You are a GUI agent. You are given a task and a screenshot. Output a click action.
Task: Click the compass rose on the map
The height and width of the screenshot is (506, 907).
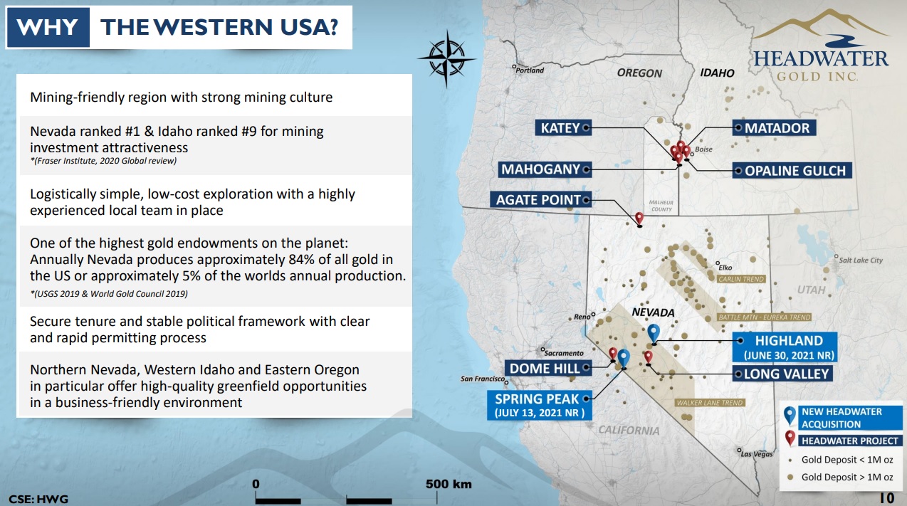pyautogui.click(x=446, y=59)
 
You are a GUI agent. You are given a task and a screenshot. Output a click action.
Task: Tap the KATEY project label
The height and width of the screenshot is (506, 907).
pyautogui.click(x=563, y=128)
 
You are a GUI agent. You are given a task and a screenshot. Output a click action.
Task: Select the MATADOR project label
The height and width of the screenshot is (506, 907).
pyautogui.click(x=774, y=128)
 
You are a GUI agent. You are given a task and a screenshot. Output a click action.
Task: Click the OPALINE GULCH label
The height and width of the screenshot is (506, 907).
pyautogui.click(x=792, y=170)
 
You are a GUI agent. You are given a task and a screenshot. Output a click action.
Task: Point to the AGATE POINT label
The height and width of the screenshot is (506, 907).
pyautogui.click(x=540, y=199)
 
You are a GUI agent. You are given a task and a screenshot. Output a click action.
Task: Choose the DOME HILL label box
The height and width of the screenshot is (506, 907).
pyautogui.click(x=547, y=369)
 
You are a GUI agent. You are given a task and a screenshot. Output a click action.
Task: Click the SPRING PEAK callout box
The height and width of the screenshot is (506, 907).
pyautogui.click(x=539, y=405)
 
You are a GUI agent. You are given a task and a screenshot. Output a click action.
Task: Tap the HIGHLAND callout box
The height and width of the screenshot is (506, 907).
pyautogui.click(x=785, y=347)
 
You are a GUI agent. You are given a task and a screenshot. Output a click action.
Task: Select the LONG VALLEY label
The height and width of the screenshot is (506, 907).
pyautogui.click(x=782, y=374)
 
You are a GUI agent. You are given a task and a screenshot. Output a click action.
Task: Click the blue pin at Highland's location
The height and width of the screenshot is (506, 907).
pyautogui.click(x=654, y=333)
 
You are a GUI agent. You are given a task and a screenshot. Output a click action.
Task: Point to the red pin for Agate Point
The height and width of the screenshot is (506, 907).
pyautogui.click(x=639, y=218)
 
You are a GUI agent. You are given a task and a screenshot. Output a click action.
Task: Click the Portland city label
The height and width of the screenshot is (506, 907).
pyautogui.click(x=530, y=70)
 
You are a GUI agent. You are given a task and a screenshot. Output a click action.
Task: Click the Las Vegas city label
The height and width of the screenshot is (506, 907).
pyautogui.click(x=756, y=454)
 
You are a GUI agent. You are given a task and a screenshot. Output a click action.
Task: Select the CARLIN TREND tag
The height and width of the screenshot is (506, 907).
pyautogui.click(x=741, y=279)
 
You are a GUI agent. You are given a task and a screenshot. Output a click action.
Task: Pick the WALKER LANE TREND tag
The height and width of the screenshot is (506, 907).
pyautogui.click(x=709, y=403)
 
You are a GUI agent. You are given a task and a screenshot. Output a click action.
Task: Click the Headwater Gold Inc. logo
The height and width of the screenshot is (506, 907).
pyautogui.click(x=821, y=46)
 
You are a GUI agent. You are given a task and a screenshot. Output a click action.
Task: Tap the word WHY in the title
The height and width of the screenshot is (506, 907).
pyautogui.click(x=48, y=27)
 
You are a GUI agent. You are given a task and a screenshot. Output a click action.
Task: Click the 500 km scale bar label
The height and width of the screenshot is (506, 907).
pyautogui.click(x=449, y=484)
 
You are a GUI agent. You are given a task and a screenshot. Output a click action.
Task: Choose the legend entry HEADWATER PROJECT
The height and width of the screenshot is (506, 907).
pyautogui.click(x=850, y=441)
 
